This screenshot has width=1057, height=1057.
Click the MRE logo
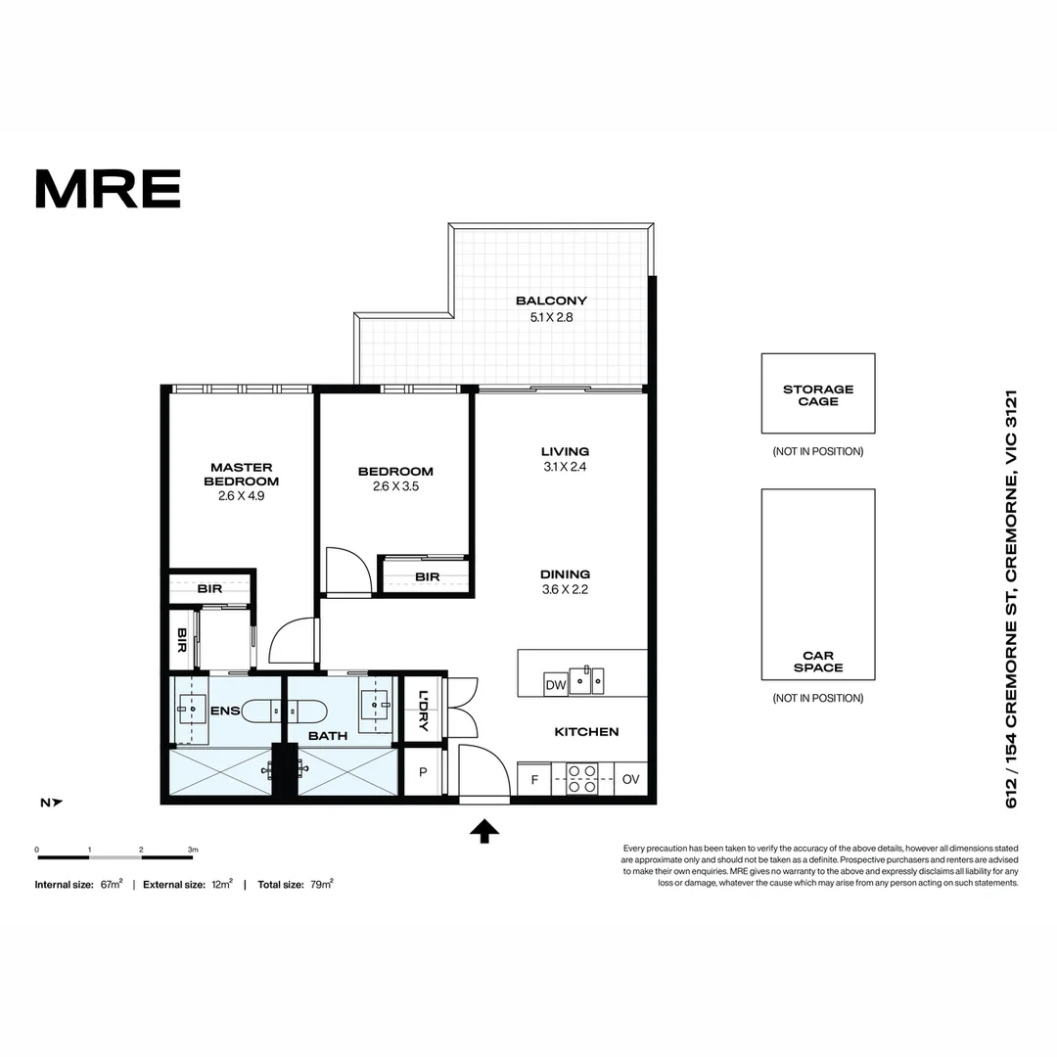[x=108, y=189]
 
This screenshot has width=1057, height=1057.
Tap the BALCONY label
[x=551, y=300]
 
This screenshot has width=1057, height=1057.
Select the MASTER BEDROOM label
[x=241, y=474]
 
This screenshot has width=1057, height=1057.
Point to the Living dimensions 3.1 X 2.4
[x=565, y=467]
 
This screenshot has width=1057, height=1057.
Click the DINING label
[x=565, y=574]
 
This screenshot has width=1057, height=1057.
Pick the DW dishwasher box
[x=555, y=685]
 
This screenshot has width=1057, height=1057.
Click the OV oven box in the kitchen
[x=631, y=780]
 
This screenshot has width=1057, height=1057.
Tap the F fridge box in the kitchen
[x=534, y=780]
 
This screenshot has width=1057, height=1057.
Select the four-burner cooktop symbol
[x=583, y=779]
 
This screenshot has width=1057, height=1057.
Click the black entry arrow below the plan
[x=484, y=831]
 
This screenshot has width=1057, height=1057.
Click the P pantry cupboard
[x=423, y=772]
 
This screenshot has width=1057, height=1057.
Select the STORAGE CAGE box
[x=818, y=393]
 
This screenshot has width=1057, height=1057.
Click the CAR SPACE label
[x=818, y=662]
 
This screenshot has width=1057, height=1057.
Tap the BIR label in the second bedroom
[x=427, y=576]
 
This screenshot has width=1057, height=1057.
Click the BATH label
[x=327, y=734]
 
